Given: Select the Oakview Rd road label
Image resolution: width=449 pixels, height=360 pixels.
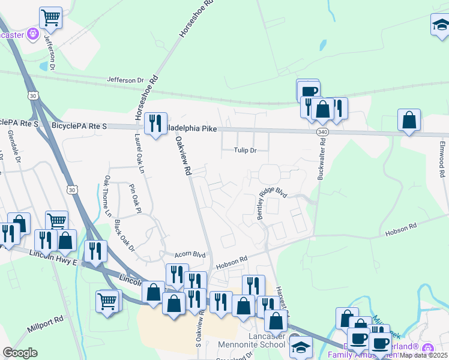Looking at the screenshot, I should (183, 155).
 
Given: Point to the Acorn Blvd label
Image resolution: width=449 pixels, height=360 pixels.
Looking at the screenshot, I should (190, 254).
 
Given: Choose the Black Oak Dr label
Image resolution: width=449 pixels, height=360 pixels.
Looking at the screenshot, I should (125, 235).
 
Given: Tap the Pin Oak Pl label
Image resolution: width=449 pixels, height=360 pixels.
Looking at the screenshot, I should (134, 200).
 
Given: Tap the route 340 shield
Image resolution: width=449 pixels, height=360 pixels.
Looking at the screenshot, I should (322, 131).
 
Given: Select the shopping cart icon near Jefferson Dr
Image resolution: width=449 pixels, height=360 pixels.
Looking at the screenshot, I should (51, 17).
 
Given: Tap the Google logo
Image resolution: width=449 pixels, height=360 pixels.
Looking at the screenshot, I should (20, 353).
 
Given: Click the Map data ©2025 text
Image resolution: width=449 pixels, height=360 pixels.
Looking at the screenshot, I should (424, 355).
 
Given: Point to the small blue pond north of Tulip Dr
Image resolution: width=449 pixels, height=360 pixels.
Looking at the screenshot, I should (324, 45).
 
